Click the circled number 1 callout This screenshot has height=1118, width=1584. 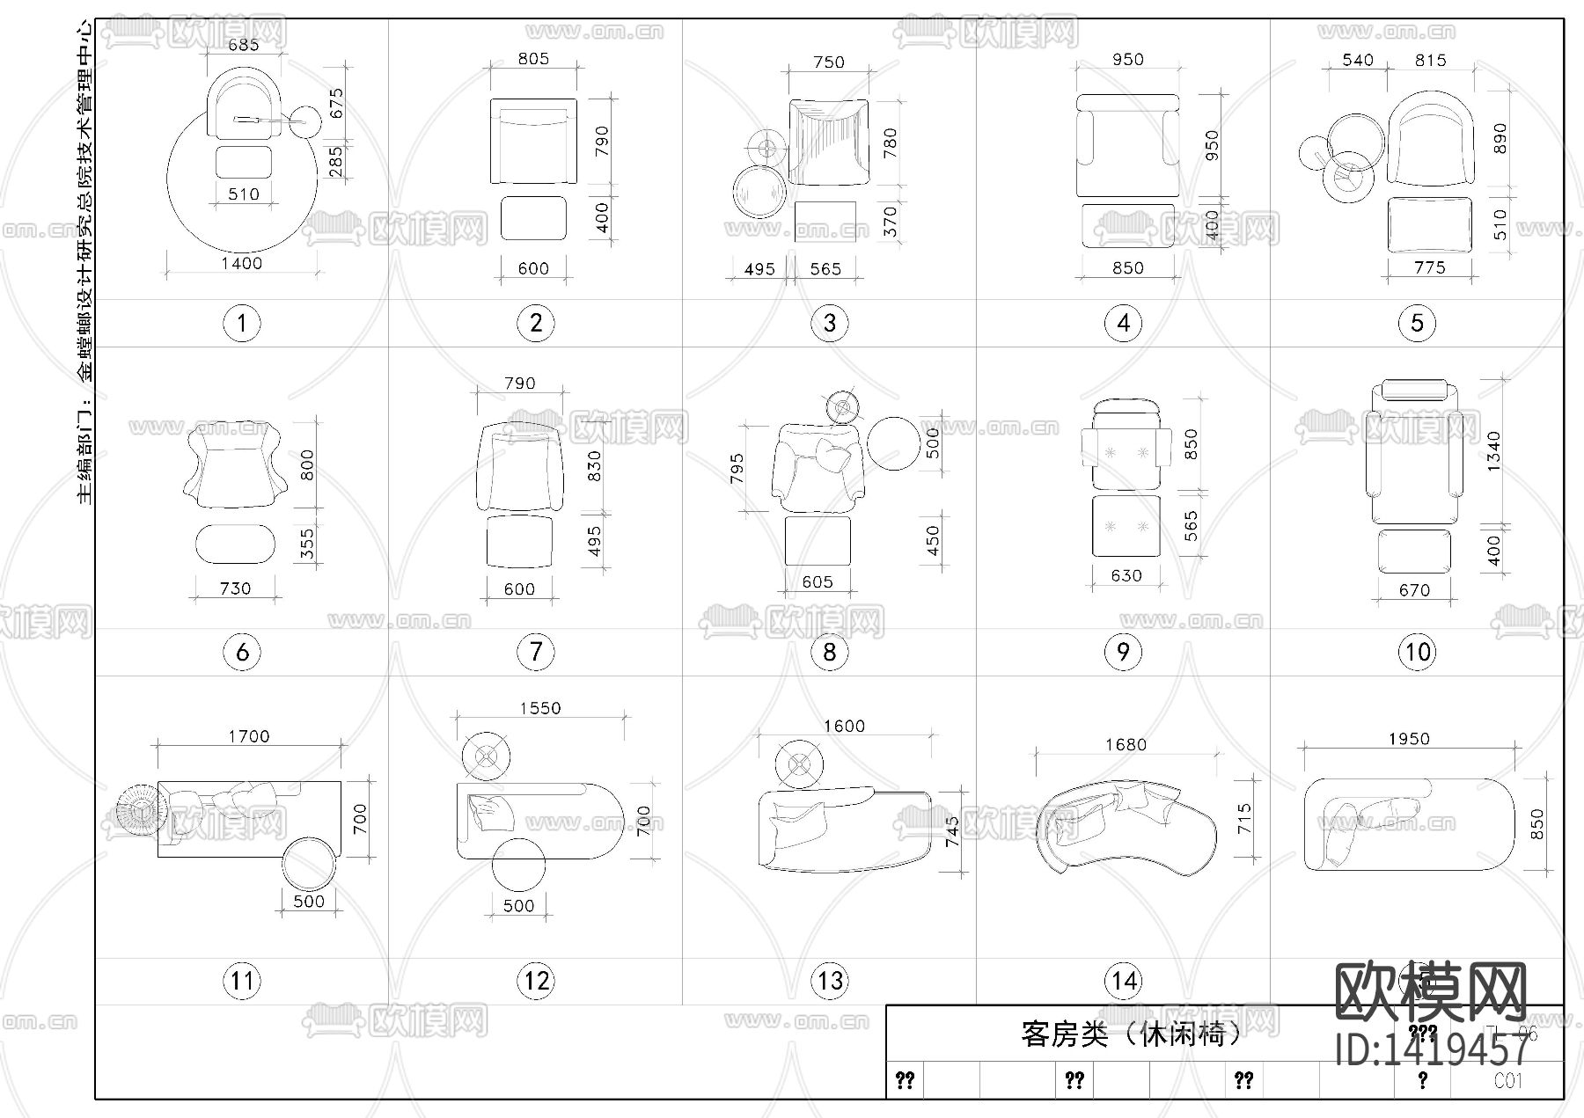(x=242, y=324)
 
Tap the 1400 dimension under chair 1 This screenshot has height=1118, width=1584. (x=241, y=263)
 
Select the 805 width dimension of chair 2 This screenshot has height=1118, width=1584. (x=533, y=59)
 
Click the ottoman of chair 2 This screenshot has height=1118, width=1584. (x=533, y=218)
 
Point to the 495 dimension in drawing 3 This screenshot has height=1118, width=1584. (x=759, y=269)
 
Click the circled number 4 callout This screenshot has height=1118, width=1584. (x=1124, y=324)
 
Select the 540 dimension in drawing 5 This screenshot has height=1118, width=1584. (x=1358, y=61)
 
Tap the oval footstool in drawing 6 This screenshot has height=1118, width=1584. (x=235, y=544)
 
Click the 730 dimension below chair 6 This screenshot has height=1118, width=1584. (x=235, y=588)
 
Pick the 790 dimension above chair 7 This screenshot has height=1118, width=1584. (x=519, y=384)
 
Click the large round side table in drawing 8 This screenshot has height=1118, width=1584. (x=894, y=442)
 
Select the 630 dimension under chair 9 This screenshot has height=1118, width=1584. (x=1126, y=576)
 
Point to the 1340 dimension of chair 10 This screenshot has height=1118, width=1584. (x=1493, y=451)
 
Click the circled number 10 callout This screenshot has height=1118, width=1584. (x=1417, y=653)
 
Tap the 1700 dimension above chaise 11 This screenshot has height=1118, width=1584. (x=249, y=736)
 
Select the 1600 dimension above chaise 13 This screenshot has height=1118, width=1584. (x=844, y=726)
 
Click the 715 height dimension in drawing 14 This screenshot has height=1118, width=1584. (x=1243, y=818)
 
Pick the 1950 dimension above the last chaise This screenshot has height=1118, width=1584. (x=1409, y=739)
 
